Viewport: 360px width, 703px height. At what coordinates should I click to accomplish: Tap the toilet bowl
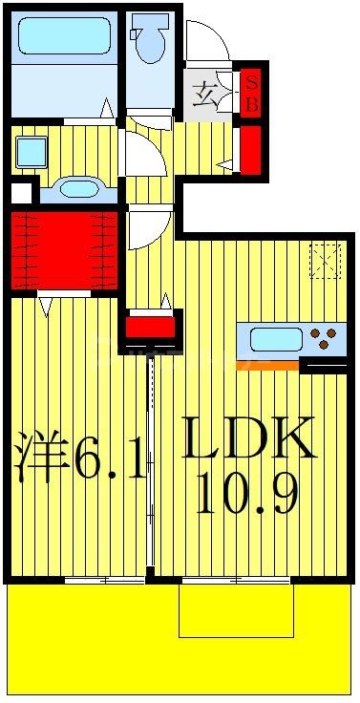coord(150,44)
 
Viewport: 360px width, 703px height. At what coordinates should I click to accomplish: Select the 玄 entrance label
coord(205,96)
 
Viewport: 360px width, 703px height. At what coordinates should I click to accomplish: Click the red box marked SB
coord(252,93)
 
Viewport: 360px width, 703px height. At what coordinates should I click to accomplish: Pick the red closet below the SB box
coord(251,149)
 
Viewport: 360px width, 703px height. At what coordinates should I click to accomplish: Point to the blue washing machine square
coord(32,151)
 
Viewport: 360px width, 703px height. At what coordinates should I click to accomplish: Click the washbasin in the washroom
coord(75,188)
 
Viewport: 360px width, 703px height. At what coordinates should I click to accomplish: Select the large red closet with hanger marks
coord(64,250)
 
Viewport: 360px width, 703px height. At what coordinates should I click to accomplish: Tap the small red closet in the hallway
coord(151,329)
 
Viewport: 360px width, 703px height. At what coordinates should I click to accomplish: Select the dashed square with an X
coord(325,260)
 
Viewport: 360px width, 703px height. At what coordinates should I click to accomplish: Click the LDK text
coord(247,440)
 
